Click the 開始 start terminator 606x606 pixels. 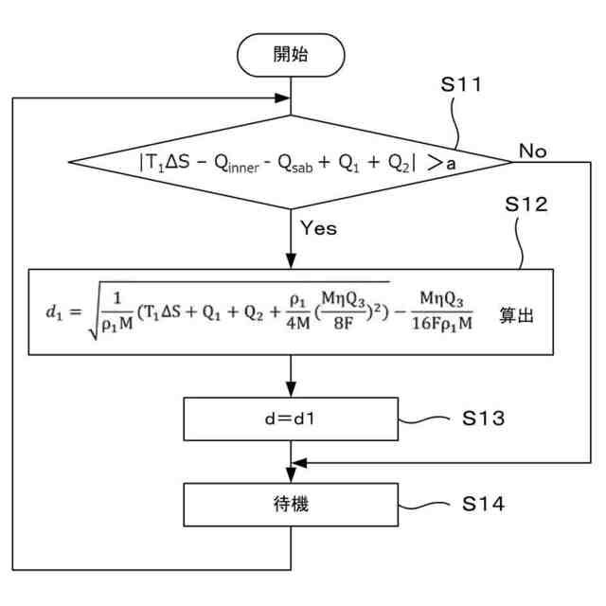tap(291, 55)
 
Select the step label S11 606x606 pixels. tap(461, 84)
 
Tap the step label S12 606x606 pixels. tap(526, 205)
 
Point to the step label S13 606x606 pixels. tap(484, 419)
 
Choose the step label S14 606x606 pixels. tap(484, 504)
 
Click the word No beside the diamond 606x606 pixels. tap(532, 151)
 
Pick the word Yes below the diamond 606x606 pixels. tap(318, 228)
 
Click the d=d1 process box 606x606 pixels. tap(291, 419)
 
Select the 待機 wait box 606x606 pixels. tap(291, 505)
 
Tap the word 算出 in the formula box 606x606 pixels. tap(516, 315)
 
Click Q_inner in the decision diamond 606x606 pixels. tap(237, 164)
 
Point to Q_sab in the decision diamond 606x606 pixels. tap(295, 164)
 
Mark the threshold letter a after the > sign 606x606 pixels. tap(451, 165)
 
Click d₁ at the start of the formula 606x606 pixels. tap(54, 312)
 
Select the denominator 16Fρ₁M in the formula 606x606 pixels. tap(442, 324)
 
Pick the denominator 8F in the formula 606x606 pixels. tap(344, 324)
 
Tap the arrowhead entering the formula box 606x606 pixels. tap(291, 261)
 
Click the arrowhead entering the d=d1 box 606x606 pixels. tap(291, 389)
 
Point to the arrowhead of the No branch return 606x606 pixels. tap(299, 463)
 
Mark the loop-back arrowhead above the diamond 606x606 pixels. tap(282, 98)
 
